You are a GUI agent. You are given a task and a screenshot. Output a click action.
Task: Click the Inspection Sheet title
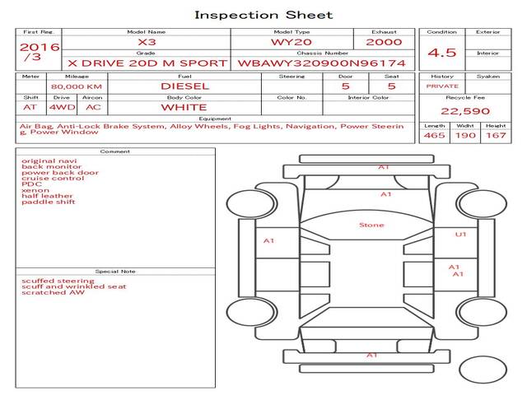click(x=263, y=15)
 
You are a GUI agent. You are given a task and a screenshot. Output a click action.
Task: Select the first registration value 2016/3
click(x=40, y=51)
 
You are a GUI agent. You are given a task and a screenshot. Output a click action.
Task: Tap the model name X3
click(x=147, y=42)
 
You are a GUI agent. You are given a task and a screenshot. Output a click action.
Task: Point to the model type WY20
click(x=291, y=42)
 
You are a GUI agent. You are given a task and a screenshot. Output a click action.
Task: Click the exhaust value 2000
click(x=384, y=42)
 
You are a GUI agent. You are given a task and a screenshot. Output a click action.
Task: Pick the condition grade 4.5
click(x=441, y=53)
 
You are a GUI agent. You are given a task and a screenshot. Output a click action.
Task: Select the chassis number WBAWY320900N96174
click(x=322, y=63)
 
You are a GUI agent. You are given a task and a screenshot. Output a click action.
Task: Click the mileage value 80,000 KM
click(x=77, y=86)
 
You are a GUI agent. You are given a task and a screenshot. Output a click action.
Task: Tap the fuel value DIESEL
click(x=184, y=86)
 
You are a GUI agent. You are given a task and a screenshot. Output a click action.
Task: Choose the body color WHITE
click(x=184, y=108)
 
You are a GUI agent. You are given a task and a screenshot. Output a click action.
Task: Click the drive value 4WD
click(x=63, y=107)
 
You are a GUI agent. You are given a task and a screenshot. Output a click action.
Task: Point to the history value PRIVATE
click(x=442, y=86)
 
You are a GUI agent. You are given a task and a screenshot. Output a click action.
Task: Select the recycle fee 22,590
click(x=465, y=111)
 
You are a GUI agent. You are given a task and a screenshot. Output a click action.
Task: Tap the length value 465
click(x=434, y=135)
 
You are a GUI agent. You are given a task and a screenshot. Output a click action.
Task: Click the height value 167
click(x=496, y=135)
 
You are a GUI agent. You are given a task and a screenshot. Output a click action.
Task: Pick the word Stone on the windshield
click(x=371, y=225)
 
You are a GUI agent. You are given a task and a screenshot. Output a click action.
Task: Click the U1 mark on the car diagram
click(x=460, y=235)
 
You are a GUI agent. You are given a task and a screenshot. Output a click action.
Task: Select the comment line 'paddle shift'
click(x=49, y=202)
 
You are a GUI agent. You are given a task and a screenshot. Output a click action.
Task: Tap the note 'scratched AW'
click(x=53, y=293)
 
